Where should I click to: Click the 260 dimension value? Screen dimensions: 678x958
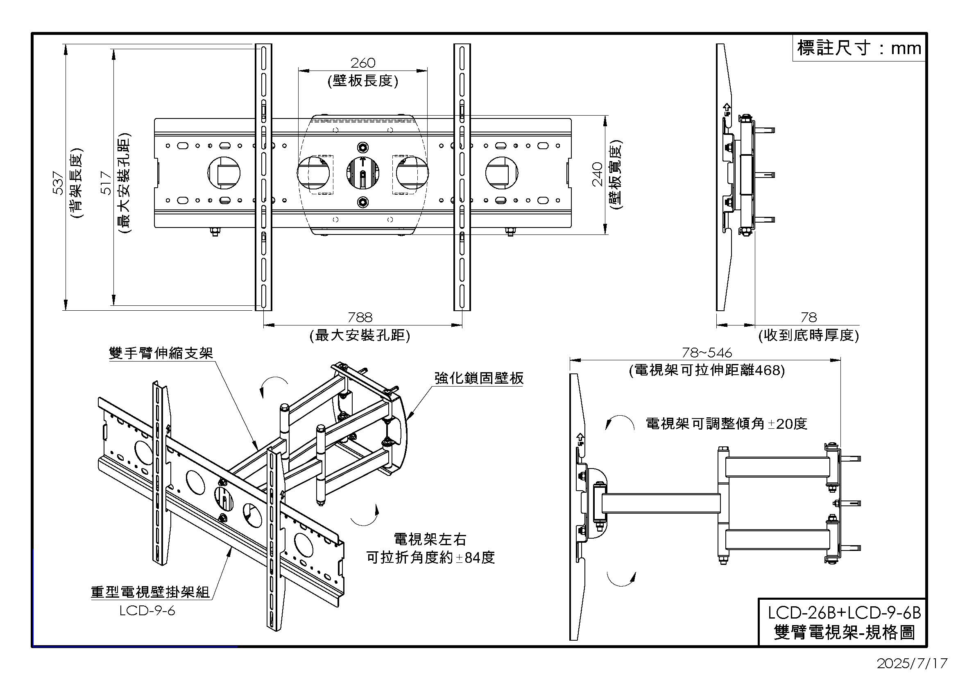362,63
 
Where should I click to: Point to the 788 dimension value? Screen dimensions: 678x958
360,317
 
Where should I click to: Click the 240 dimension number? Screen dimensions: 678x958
598,174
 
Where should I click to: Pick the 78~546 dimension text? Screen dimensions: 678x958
707,353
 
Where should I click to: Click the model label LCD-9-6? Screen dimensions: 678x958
147,611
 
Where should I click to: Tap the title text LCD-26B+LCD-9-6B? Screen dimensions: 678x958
844,612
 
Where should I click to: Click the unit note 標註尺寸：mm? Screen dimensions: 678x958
859,48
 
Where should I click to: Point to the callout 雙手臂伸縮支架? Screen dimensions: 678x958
161,353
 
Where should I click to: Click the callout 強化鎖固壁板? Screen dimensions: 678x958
478,378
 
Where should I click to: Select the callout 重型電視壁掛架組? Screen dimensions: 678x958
150,592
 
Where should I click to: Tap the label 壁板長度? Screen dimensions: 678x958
362,81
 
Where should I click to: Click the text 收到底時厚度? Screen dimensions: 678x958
808,335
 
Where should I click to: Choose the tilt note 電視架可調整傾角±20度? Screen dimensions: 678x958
727,424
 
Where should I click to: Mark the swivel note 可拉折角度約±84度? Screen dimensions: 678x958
430,557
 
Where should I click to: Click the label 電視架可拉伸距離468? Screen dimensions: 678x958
707,370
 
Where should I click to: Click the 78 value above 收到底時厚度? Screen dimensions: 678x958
808,318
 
